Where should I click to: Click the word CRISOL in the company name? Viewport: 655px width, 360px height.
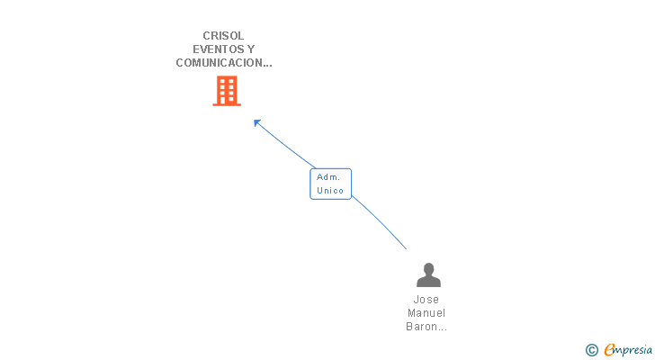coord(223,36)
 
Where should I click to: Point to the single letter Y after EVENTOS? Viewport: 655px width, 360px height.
coord(250,49)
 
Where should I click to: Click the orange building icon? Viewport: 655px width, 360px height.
coord(227,91)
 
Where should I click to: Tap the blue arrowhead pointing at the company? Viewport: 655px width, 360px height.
coord(257,122)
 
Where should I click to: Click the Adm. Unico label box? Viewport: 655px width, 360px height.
coord(330,184)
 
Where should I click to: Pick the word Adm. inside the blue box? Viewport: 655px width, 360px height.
coord(327,177)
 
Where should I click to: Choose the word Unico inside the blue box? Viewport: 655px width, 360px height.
coord(330,191)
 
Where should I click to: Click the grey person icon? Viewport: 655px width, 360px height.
coord(428,275)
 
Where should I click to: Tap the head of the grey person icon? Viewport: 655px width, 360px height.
coord(428,269)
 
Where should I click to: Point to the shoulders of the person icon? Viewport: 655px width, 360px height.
coord(428,282)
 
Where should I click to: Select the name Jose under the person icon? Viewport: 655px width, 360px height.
coord(426,300)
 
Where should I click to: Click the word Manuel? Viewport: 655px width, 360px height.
coord(426,313)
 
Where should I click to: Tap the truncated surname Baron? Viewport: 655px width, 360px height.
coord(425,327)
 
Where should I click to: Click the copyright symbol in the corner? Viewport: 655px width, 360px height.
coord(591,350)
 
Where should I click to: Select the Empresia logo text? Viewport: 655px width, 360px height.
coord(627,350)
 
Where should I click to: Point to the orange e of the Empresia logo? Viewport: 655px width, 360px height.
coord(609,350)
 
